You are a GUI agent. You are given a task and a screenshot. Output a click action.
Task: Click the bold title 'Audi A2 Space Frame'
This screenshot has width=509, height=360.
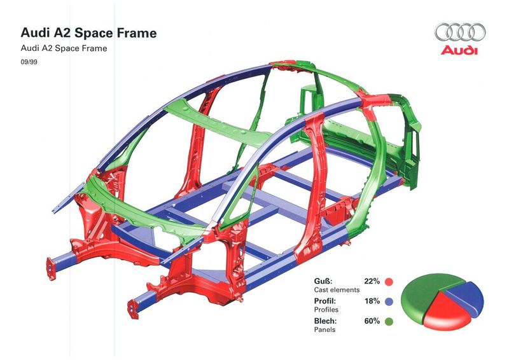click(88, 33)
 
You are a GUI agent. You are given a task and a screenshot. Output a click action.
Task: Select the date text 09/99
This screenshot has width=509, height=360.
click(29, 62)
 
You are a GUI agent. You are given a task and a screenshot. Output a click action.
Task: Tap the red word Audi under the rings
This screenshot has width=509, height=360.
click(459, 50)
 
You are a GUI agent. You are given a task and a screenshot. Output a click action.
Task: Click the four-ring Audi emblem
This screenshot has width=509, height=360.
click(460, 32)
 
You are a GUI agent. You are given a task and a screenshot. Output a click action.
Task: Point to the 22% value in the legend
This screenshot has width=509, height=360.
click(372, 281)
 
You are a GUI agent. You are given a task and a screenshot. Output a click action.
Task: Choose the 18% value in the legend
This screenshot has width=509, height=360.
click(372, 301)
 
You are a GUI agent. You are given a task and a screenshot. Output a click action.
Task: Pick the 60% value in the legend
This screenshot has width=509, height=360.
click(372, 321)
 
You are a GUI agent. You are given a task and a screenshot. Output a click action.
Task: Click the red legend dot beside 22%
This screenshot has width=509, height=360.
click(389, 282)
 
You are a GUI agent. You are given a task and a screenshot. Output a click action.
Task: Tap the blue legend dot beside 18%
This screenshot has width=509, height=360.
click(389, 301)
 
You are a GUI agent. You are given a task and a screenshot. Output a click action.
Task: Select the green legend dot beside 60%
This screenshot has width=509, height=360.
click(389, 322)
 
